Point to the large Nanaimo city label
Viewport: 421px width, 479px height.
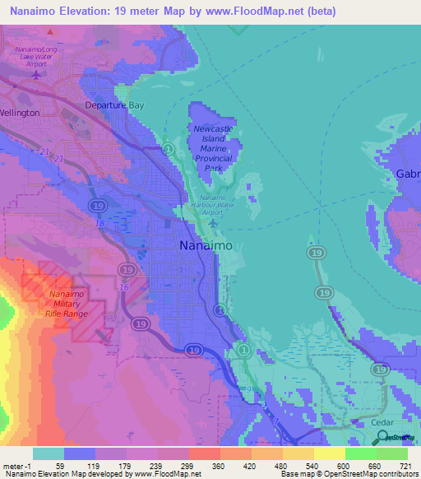pos(206,246)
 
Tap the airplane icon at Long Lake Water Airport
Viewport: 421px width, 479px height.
pos(35,75)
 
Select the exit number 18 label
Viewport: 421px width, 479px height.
pos(99,223)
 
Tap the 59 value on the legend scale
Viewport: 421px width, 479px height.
pos(60,465)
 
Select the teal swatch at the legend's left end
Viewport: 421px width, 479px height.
pos(49,453)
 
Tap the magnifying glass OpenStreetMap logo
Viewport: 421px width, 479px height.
pos(380,436)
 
